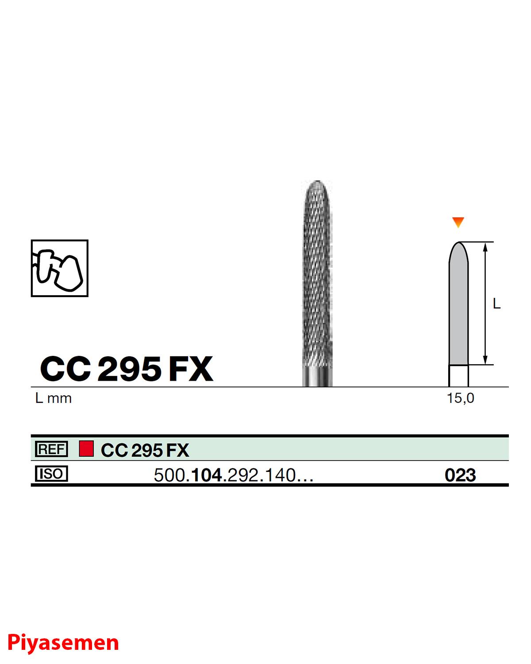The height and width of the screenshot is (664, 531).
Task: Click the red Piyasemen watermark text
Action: (x=63, y=642)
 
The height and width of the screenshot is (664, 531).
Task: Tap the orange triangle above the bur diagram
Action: (x=458, y=222)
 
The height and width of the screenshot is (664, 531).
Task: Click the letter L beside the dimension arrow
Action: (x=496, y=304)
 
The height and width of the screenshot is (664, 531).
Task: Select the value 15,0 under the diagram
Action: (x=460, y=398)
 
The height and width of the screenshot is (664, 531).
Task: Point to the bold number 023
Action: (x=460, y=475)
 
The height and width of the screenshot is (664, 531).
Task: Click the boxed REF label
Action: (x=51, y=450)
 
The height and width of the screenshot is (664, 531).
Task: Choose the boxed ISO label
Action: (x=51, y=475)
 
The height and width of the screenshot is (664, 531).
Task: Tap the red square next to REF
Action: (x=86, y=449)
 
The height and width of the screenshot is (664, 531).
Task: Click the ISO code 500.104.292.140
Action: (x=234, y=475)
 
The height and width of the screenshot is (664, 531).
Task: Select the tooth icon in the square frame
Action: (x=60, y=268)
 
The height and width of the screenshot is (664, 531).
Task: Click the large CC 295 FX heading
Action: (x=127, y=369)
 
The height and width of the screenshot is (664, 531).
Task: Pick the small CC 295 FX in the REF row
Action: (x=145, y=451)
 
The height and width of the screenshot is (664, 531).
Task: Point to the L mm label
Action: (x=53, y=398)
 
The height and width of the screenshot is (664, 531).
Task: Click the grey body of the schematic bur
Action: (x=458, y=305)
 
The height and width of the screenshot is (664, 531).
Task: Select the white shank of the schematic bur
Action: (x=458, y=375)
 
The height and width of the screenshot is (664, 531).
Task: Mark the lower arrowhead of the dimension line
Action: (x=485, y=360)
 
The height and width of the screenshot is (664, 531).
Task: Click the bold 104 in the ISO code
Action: (x=205, y=475)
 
